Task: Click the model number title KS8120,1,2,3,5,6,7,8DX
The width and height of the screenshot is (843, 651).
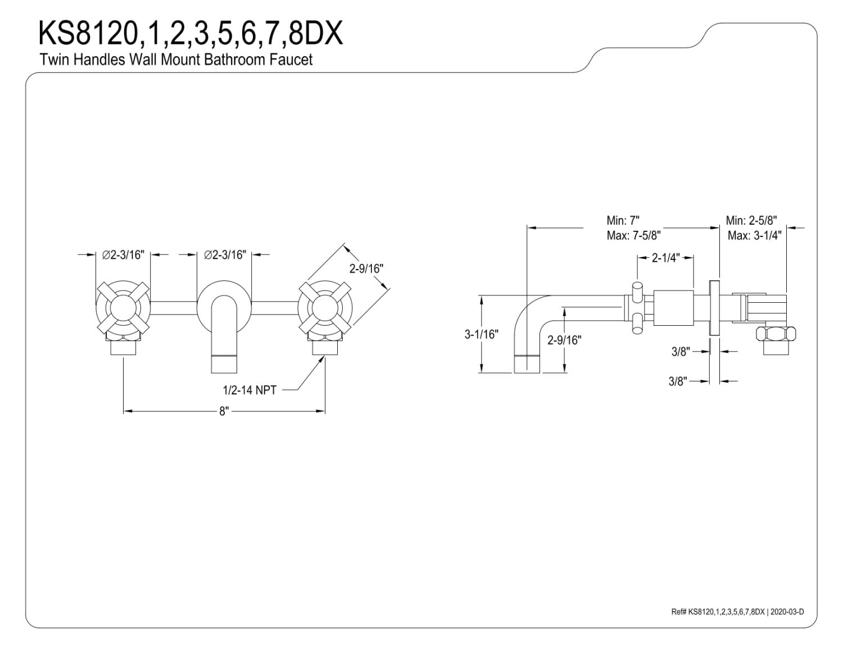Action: tap(191, 34)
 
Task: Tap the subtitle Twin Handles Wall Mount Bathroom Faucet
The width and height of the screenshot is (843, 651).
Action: tap(176, 60)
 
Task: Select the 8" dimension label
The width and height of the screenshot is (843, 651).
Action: tap(224, 411)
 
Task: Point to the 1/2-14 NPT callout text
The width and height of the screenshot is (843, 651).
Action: tap(250, 390)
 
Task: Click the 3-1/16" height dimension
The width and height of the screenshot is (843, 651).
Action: tap(482, 334)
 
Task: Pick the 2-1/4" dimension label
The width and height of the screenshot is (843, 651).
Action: tap(666, 258)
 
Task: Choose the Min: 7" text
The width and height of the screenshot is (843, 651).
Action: tap(623, 221)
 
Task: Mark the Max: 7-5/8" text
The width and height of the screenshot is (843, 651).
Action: tap(634, 235)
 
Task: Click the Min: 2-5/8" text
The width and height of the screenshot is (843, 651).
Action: tap(751, 221)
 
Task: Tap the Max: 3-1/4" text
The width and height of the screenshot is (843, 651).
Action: tap(755, 235)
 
